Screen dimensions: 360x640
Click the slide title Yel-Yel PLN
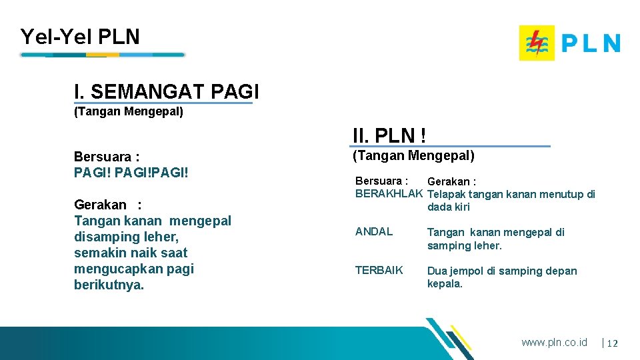click(80, 37)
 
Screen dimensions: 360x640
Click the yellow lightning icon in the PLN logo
click(536, 43)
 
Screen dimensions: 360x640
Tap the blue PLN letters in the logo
click(591, 43)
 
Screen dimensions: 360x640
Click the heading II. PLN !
click(389, 136)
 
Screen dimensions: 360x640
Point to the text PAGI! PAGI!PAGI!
click(131, 173)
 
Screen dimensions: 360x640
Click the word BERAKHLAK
click(389, 194)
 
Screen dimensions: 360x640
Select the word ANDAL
click(374, 232)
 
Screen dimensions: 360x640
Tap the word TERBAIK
click(379, 271)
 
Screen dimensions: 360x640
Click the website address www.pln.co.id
click(554, 342)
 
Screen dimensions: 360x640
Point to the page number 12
click(613, 343)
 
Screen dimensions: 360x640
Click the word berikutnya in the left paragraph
click(109, 285)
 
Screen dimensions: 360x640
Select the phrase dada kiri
click(448, 207)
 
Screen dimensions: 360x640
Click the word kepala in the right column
click(445, 284)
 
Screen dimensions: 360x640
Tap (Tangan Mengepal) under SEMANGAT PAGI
click(128, 111)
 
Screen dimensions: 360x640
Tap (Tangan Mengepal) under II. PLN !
click(413, 156)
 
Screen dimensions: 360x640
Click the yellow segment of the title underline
click(103, 55)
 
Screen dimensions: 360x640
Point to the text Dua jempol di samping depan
click(502, 271)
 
